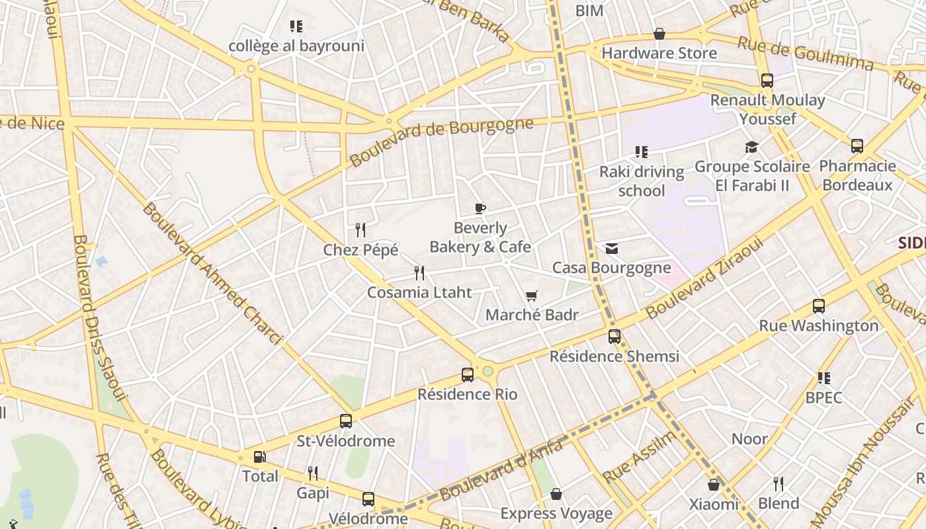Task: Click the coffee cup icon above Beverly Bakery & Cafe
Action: pos(480,209)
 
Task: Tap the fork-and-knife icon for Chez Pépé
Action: pos(360,230)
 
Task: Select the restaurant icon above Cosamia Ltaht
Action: pos(419,272)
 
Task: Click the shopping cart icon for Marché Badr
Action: pos(532,296)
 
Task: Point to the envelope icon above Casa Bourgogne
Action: pos(612,249)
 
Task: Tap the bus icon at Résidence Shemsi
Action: pos(614,337)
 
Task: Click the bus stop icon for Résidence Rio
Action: pos(468,375)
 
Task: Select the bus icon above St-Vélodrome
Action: pos(345,421)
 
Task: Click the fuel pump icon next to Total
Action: pos(259,457)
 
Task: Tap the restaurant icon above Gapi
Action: pos(313,473)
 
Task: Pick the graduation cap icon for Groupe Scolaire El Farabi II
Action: pos(751,147)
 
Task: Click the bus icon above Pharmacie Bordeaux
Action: pos(857,146)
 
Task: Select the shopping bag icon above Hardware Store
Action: pos(659,34)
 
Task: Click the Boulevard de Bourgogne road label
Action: pos(441,142)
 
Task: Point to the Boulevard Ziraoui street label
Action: pos(705,278)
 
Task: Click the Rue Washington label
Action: pos(818,326)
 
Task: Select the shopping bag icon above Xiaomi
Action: pos(714,485)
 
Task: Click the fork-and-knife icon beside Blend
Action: pos(779,483)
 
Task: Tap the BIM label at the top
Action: pos(589,11)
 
